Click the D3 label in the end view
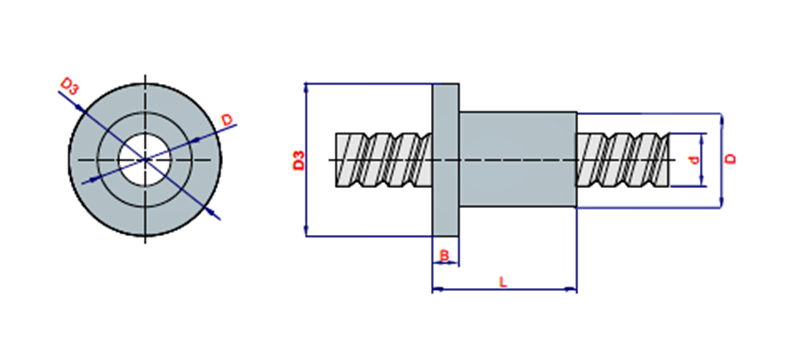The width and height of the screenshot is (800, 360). pyautogui.click(x=70, y=86)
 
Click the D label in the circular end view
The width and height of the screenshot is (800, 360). pyautogui.click(x=227, y=120)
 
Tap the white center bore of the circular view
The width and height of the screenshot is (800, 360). pyautogui.click(x=145, y=160)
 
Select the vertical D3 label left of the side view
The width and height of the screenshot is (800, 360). pyautogui.click(x=298, y=160)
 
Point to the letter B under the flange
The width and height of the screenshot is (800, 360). pyautogui.click(x=444, y=255)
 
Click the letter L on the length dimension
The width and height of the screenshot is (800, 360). pyautogui.click(x=503, y=282)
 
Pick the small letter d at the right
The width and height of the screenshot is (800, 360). pyautogui.click(x=693, y=160)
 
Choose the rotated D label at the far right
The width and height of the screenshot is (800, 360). pyautogui.click(x=731, y=159)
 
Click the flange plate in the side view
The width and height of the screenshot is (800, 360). pyautogui.click(x=445, y=160)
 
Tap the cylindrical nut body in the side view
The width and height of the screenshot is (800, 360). pyautogui.click(x=518, y=160)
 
